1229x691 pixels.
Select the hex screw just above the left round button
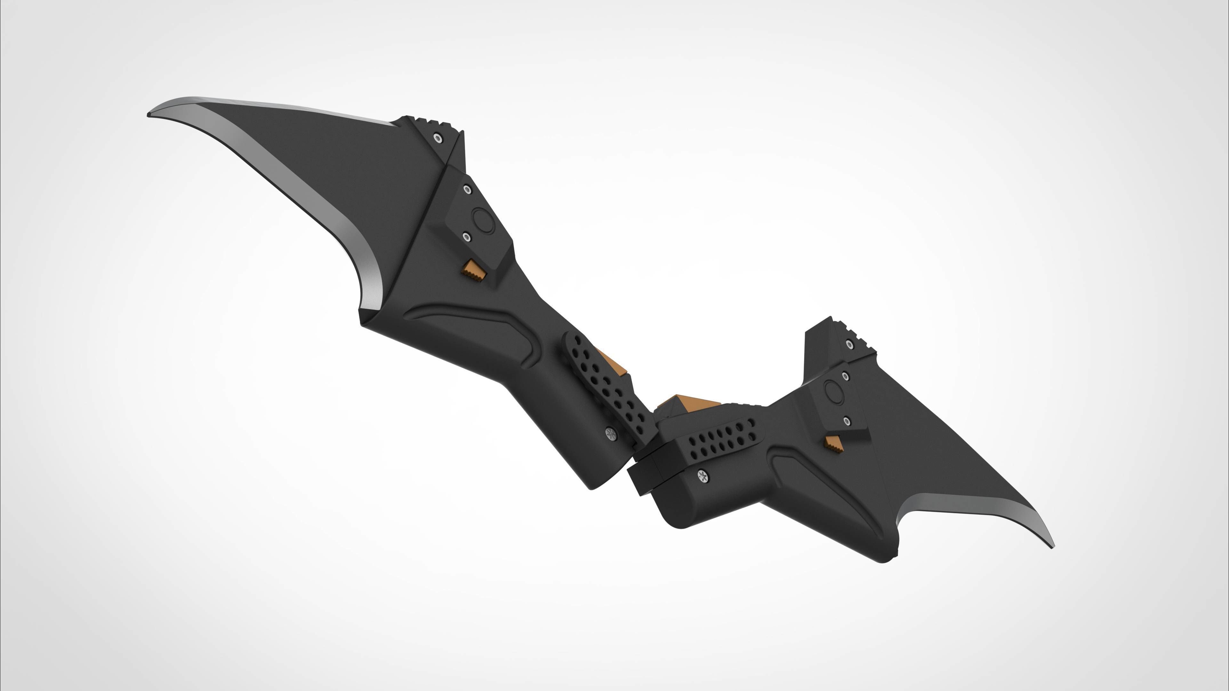[x=468, y=189]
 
